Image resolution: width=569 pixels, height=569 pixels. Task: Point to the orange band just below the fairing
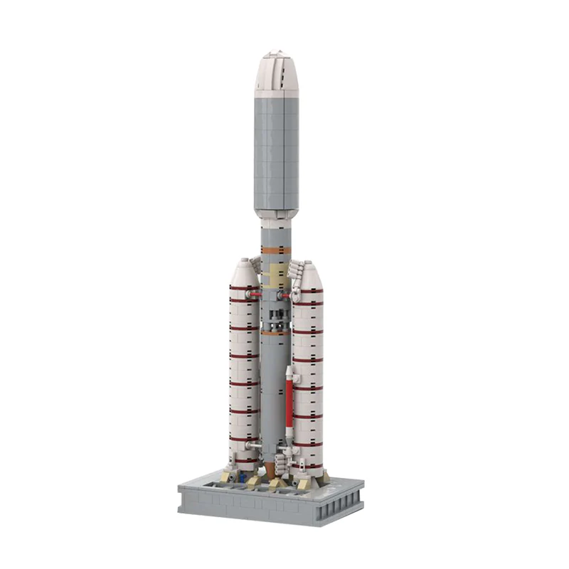(x=276, y=250)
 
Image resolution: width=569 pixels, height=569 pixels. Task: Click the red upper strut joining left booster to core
(x=257, y=292)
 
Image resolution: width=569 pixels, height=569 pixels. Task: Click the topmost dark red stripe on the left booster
(x=243, y=287)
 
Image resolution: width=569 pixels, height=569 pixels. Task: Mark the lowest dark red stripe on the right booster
(x=307, y=445)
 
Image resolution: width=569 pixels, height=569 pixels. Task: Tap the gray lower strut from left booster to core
(x=254, y=445)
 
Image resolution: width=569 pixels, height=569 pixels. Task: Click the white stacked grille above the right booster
(x=297, y=271)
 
